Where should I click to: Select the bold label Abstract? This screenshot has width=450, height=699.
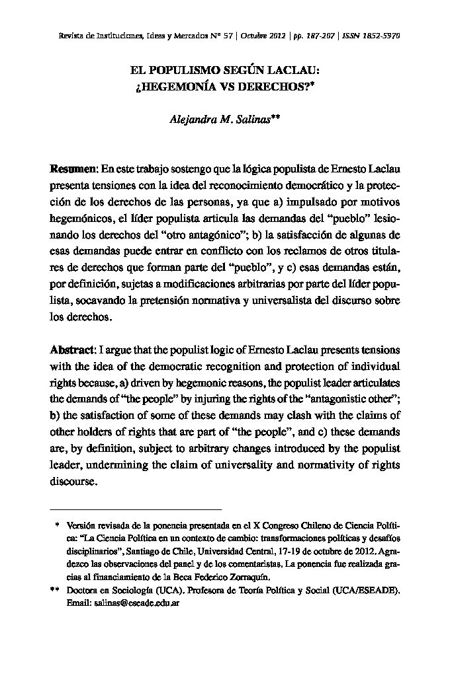click(72, 349)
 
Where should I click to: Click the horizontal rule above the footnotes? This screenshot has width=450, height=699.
click(136, 509)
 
